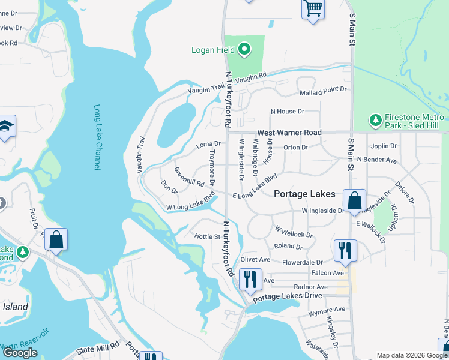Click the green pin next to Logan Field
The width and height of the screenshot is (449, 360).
(x=244, y=49)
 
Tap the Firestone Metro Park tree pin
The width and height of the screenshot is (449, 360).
(x=376, y=120)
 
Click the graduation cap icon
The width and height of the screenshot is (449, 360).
(x=5, y=127)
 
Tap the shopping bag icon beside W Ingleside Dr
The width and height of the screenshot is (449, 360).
(x=354, y=200)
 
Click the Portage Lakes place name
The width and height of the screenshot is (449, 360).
(x=305, y=194)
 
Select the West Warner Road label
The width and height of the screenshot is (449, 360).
(x=289, y=132)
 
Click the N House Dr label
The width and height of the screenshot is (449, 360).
(x=288, y=112)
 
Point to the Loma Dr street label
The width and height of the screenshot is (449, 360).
(x=209, y=145)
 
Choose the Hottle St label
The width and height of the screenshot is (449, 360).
(x=207, y=236)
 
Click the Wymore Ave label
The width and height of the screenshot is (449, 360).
(x=327, y=310)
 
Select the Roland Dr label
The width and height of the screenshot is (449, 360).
(x=288, y=246)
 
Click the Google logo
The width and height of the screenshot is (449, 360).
(x=20, y=353)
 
